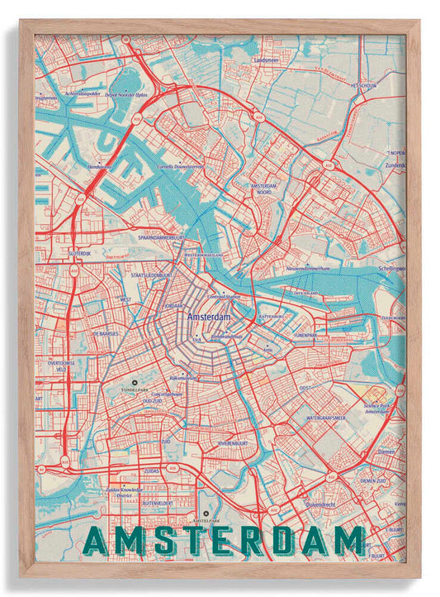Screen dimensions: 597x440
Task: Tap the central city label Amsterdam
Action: (x=207, y=317)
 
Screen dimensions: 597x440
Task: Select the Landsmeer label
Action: (x=267, y=60)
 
